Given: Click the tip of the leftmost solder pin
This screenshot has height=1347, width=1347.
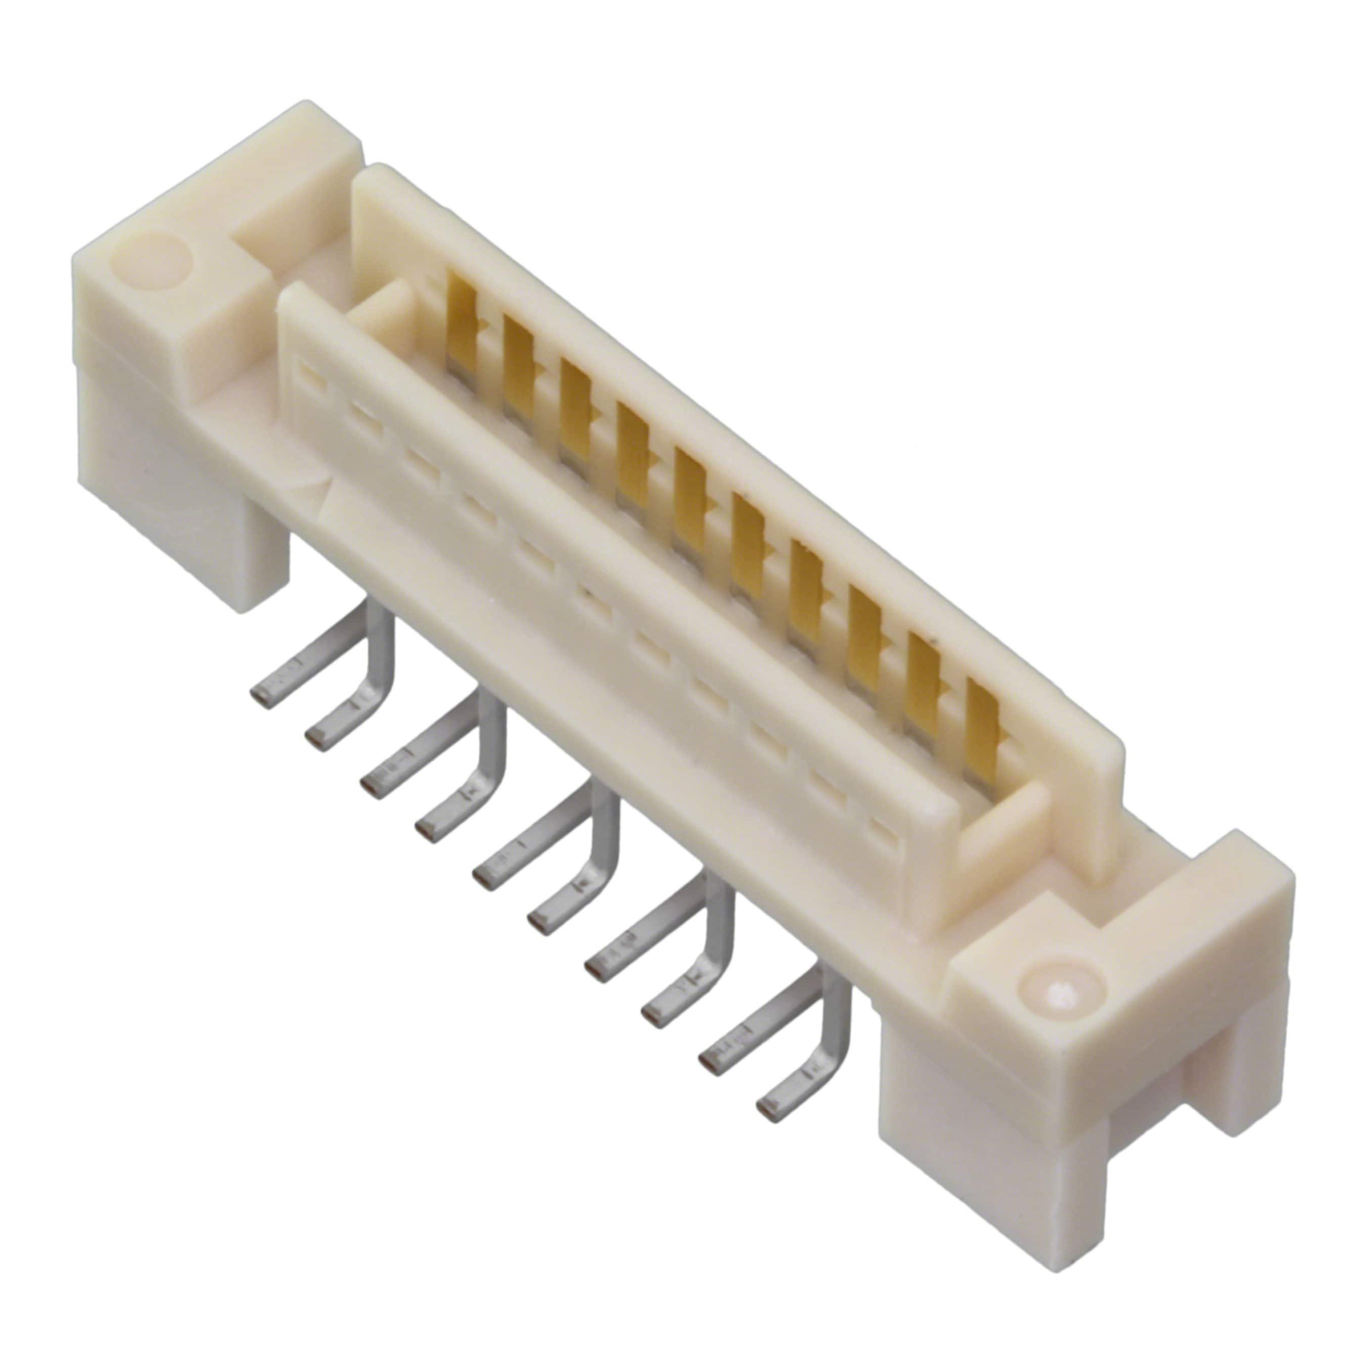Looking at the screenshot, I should click(261, 697).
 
